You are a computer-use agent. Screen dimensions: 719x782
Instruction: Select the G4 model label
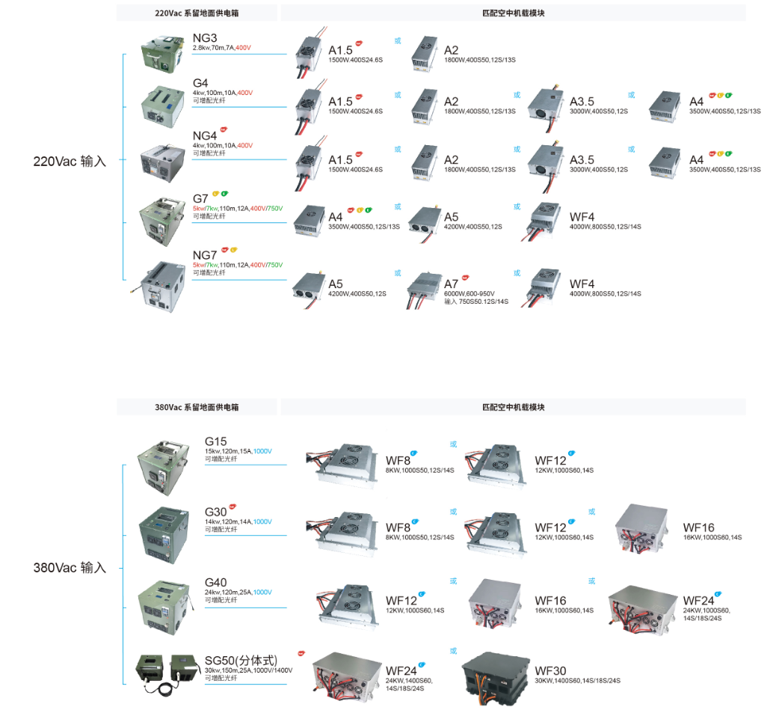[200, 83]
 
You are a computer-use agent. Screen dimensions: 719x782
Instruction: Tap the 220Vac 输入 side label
[70, 161]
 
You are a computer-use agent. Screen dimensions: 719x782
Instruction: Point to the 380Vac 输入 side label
[70, 567]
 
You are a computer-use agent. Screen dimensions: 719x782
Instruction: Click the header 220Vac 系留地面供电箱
[197, 13]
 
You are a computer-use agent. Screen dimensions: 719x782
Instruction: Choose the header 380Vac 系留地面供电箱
[197, 407]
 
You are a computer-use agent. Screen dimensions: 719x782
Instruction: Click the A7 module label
[452, 284]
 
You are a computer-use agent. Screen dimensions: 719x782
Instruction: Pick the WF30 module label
[550, 670]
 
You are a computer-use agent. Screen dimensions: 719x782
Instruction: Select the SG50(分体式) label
[241, 661]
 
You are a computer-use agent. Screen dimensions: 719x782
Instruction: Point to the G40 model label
[215, 583]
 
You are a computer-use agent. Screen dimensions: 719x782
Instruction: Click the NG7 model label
[204, 255]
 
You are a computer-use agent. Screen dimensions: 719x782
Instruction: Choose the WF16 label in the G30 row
[698, 527]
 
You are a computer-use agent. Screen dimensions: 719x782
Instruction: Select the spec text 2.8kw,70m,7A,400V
[221, 48]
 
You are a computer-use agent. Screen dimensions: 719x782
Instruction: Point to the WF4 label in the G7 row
[582, 217]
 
